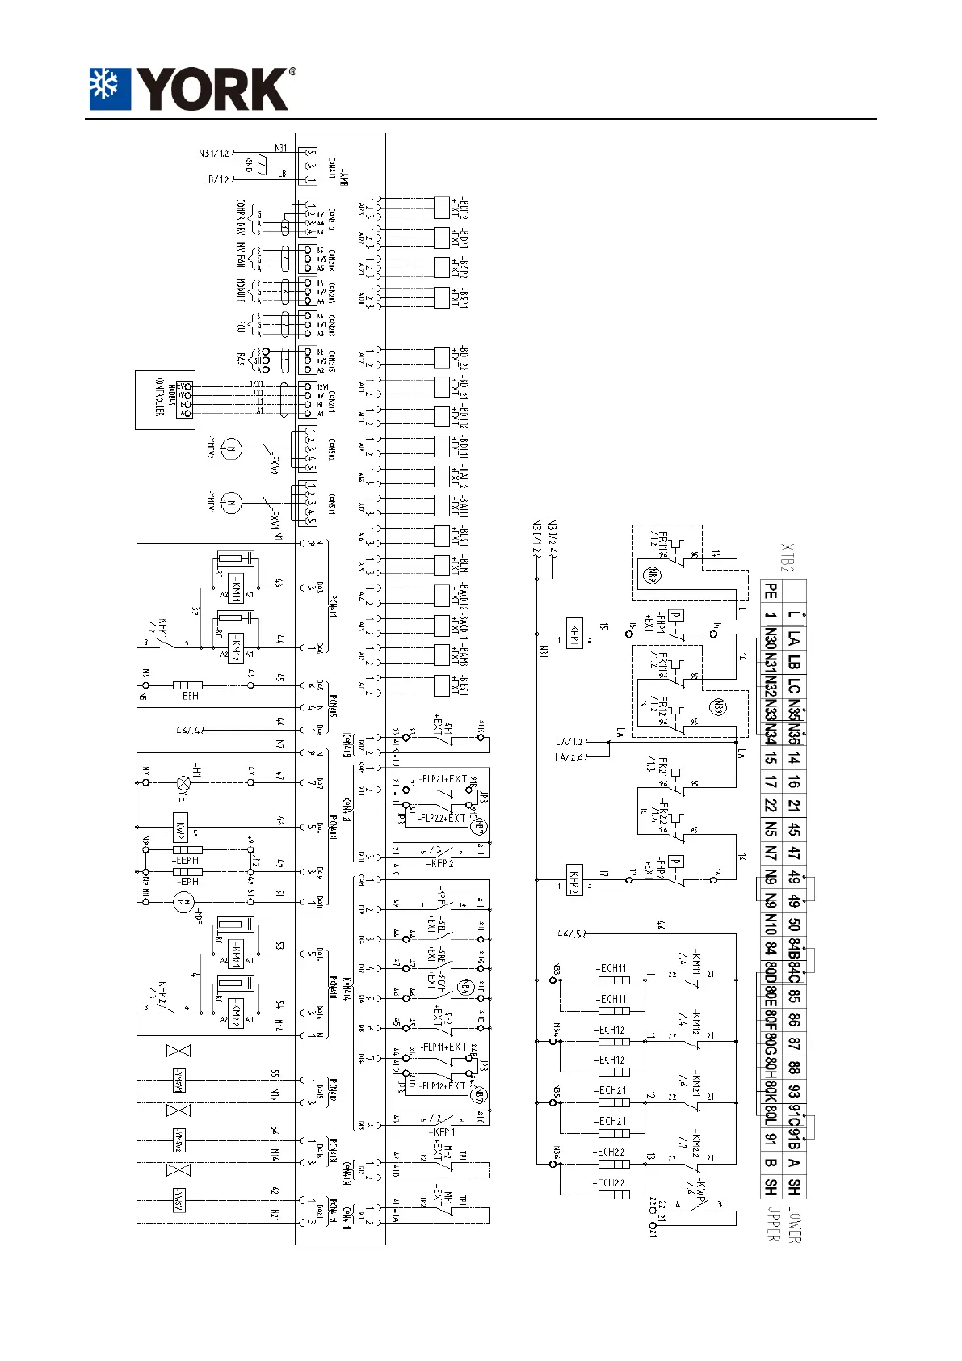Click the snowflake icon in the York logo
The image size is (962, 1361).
(109, 88)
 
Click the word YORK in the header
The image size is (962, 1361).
(212, 89)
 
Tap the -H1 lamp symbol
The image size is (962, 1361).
(185, 782)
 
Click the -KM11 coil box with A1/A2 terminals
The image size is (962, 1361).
(235, 588)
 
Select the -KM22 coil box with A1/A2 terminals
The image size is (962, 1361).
(235, 1011)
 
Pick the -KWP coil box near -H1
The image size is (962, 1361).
(181, 828)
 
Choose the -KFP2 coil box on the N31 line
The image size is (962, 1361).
(574, 876)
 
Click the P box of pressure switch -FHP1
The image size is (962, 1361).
(677, 617)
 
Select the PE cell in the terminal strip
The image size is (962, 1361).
(771, 592)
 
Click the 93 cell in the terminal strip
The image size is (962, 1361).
(795, 1091)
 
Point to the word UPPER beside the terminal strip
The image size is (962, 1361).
(771, 1224)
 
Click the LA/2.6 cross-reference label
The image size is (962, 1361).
(570, 756)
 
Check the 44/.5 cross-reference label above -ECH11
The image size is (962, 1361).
(570, 935)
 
